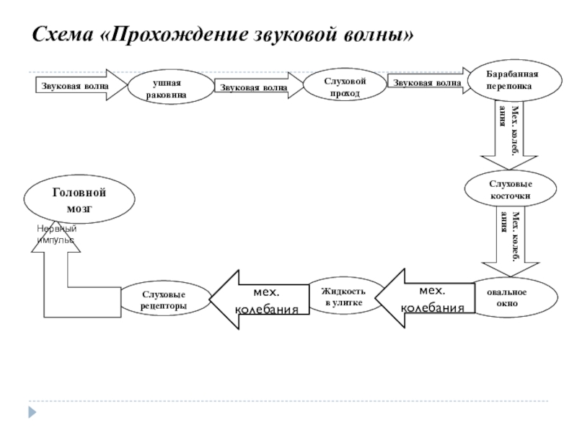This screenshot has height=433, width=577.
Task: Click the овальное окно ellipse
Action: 510,298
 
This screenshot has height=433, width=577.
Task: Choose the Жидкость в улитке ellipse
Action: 343,296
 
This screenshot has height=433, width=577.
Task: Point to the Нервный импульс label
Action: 56,233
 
